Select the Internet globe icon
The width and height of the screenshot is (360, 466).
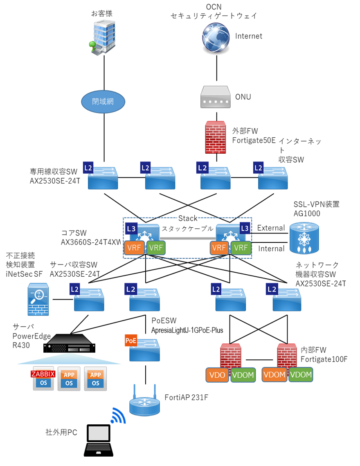(x=216, y=36)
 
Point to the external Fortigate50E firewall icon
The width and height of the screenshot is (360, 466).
(x=216, y=137)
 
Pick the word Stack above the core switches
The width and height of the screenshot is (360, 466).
(x=188, y=218)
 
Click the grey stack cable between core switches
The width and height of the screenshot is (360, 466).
(x=188, y=237)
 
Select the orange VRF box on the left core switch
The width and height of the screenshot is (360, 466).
(x=135, y=248)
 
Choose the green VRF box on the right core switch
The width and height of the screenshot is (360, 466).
(x=241, y=248)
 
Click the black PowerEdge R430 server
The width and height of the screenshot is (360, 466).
(x=70, y=343)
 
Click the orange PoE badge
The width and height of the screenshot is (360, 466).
(x=131, y=340)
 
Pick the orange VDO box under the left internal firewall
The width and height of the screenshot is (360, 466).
(x=217, y=375)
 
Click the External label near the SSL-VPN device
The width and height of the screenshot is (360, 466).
(x=271, y=228)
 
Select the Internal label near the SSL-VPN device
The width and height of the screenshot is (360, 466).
(x=271, y=249)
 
